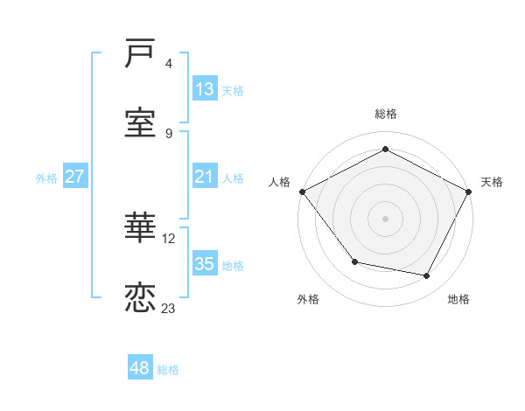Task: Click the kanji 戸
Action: click(x=140, y=55)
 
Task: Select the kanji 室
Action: click(x=140, y=123)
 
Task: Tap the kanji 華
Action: click(x=140, y=227)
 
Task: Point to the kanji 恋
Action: click(x=140, y=297)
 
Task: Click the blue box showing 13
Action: click(x=204, y=89)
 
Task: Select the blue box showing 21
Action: click(x=204, y=177)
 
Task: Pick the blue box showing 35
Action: click(x=204, y=264)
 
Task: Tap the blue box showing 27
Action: click(x=74, y=177)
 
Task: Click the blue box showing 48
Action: click(x=139, y=368)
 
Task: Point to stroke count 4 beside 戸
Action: click(x=169, y=64)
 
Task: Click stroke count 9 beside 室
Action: click(x=169, y=133)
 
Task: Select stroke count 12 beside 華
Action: click(x=170, y=237)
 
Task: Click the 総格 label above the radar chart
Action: click(x=386, y=114)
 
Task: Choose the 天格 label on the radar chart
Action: click(x=492, y=182)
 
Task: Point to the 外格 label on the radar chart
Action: click(x=308, y=299)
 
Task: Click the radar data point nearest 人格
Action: click(x=302, y=192)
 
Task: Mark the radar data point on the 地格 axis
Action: click(x=427, y=276)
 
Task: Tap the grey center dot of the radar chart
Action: click(x=385, y=218)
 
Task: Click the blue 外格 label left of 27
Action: click(x=46, y=178)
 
